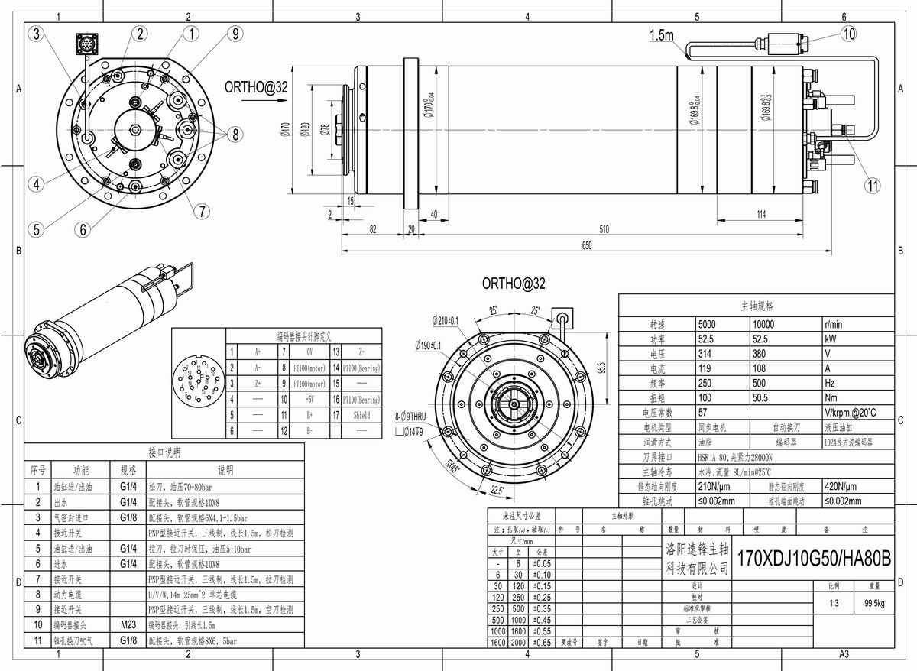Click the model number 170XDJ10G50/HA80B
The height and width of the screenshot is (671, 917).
[x=813, y=557]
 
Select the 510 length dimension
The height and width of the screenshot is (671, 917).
[x=604, y=229]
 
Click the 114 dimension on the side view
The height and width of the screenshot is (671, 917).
[x=761, y=215]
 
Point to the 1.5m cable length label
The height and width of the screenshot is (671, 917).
[x=661, y=35]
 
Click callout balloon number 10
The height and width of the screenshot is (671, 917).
[x=850, y=33]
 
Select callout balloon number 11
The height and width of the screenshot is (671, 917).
[x=873, y=184]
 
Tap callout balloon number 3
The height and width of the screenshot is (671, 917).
[x=37, y=33]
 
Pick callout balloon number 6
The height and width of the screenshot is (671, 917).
[x=83, y=228]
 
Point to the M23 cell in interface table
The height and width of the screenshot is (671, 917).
[x=128, y=624]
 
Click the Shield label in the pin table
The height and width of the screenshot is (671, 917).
[x=361, y=415]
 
